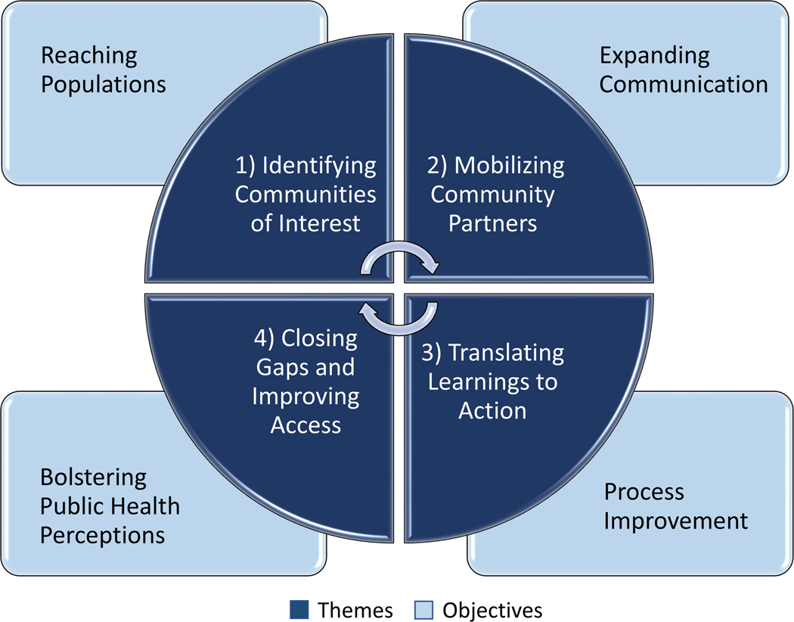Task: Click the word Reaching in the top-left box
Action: pos(89,56)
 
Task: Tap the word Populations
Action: pos(104,83)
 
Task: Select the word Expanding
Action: pos(655,56)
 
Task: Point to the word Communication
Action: pos(684,83)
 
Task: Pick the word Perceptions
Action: pos(102,535)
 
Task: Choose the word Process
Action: pos(644,493)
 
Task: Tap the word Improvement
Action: pos(675,521)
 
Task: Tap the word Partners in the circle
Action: pos(492,223)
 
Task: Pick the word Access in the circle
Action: pos(306,425)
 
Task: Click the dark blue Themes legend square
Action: pos(299,609)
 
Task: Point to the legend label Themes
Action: pos(356,609)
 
